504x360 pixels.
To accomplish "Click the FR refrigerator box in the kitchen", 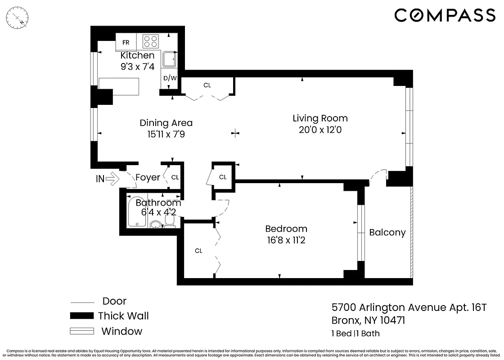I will point(126,42).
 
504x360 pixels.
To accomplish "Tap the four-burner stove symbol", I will point(151,41).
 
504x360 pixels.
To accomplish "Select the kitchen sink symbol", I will point(169,59).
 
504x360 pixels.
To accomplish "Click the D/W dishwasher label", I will point(169,78).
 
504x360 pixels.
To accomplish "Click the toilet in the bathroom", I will point(170,221).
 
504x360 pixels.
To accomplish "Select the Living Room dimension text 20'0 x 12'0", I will point(320,130).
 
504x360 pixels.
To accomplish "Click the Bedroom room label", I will point(286,229).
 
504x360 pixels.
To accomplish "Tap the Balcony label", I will point(387,233).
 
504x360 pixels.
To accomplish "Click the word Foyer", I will point(148,178).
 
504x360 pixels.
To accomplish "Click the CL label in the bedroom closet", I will point(198,251).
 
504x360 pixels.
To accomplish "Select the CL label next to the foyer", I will point(175,178).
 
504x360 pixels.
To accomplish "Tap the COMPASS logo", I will point(445,15).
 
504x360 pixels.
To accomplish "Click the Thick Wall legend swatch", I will point(82,316).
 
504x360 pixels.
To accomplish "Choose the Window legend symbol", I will point(82,332).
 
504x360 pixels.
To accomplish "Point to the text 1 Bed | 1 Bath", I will point(355,333).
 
